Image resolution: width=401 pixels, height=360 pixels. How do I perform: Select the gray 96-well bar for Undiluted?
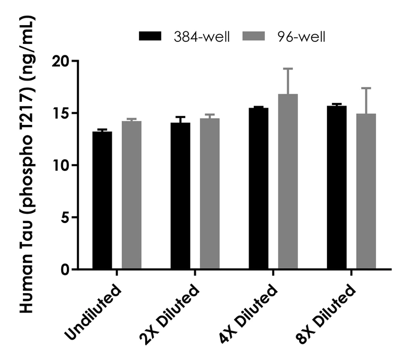[132, 195]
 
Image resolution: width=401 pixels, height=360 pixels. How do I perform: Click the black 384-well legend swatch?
[152, 36]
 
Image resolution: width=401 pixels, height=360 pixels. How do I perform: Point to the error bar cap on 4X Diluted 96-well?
[288, 68]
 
